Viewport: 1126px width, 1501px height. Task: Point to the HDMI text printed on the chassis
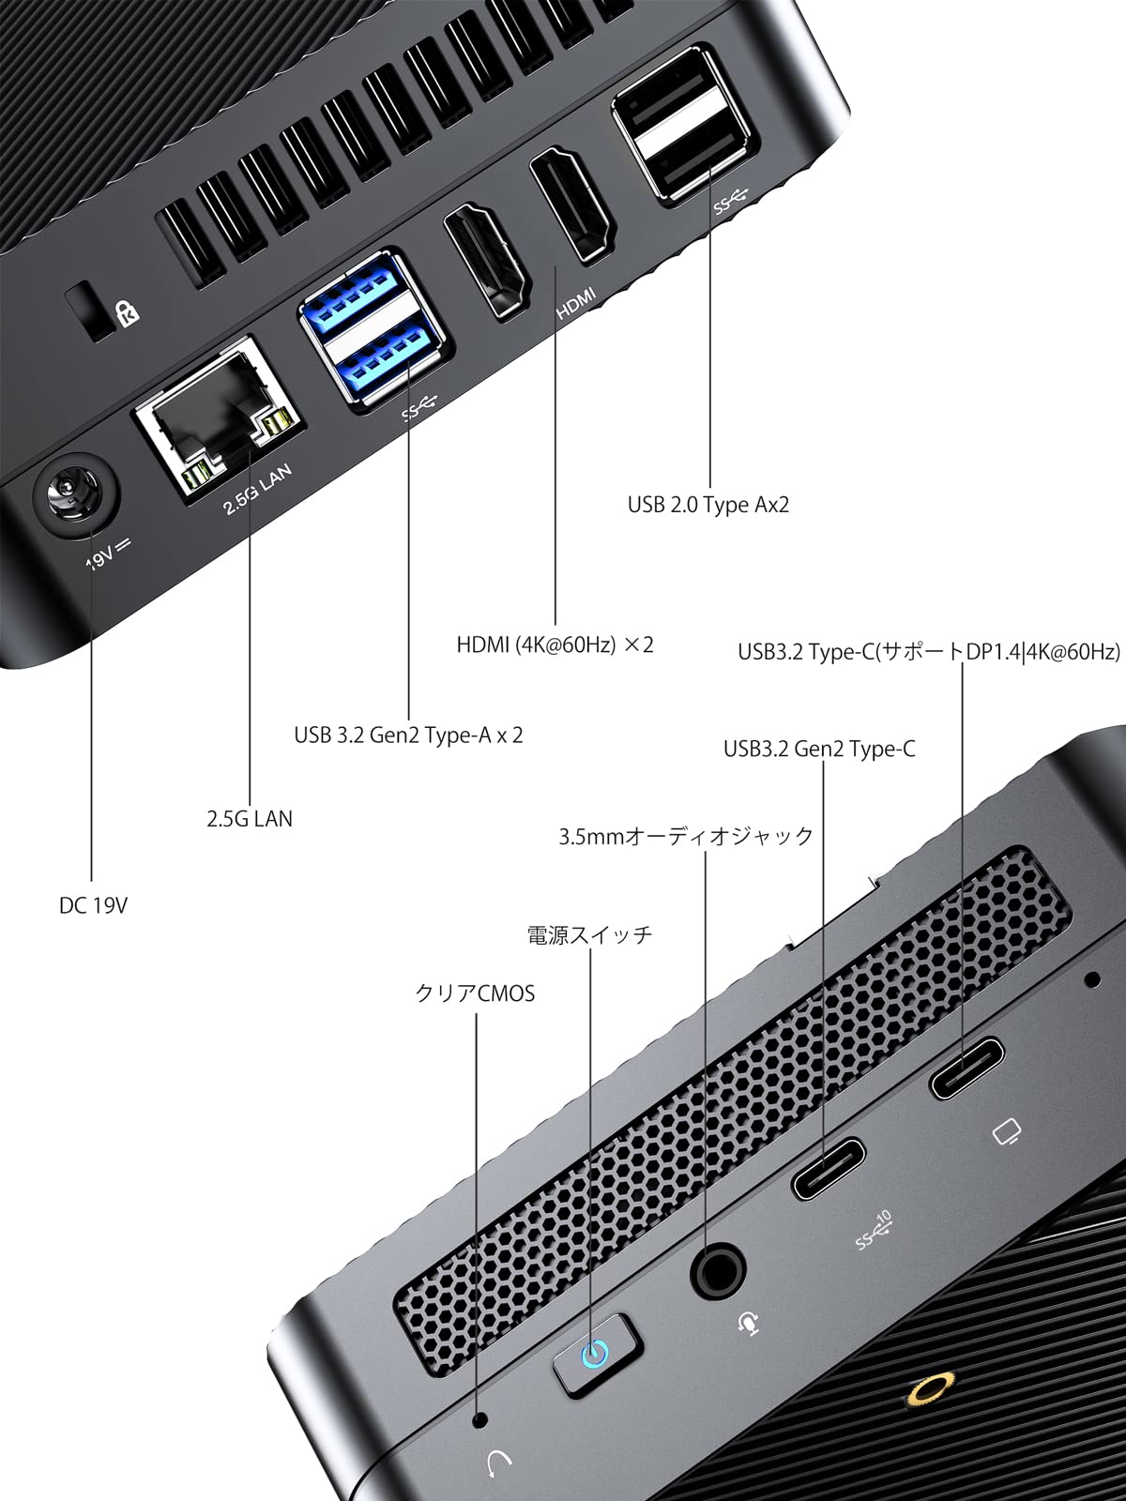(576, 302)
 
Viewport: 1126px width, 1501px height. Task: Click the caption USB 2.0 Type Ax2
(708, 505)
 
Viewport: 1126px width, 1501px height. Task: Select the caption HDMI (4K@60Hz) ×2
(555, 644)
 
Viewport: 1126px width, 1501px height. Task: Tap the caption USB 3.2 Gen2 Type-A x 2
(408, 735)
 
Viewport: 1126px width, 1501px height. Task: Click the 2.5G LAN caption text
(250, 818)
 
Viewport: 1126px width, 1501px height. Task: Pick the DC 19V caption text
(93, 905)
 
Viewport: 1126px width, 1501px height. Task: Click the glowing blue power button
(594, 1354)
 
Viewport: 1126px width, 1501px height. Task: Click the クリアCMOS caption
(475, 993)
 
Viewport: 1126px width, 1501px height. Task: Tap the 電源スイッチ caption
(589, 934)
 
